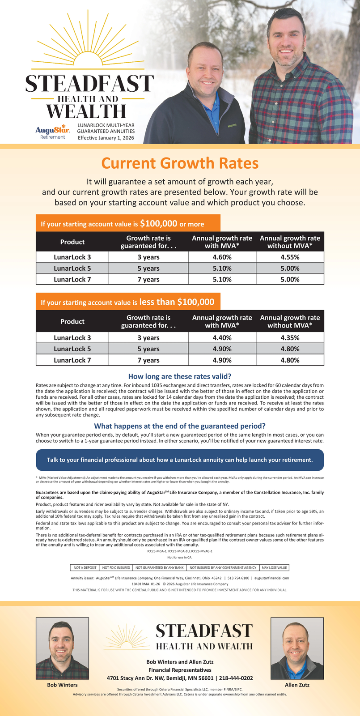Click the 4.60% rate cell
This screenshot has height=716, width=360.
(x=222, y=257)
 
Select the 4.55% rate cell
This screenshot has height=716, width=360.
(x=290, y=257)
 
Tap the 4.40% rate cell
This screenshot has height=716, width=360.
(x=222, y=337)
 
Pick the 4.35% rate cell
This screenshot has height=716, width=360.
(x=290, y=337)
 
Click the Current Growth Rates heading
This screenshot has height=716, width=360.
(x=180, y=163)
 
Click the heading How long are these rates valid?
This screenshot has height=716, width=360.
(x=180, y=376)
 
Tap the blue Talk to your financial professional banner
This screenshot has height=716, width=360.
(x=180, y=460)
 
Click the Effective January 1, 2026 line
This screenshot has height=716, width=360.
(x=106, y=138)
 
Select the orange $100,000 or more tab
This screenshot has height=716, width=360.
(x=127, y=223)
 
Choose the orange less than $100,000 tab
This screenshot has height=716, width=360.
(x=127, y=302)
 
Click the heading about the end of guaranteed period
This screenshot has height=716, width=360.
(x=180, y=426)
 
